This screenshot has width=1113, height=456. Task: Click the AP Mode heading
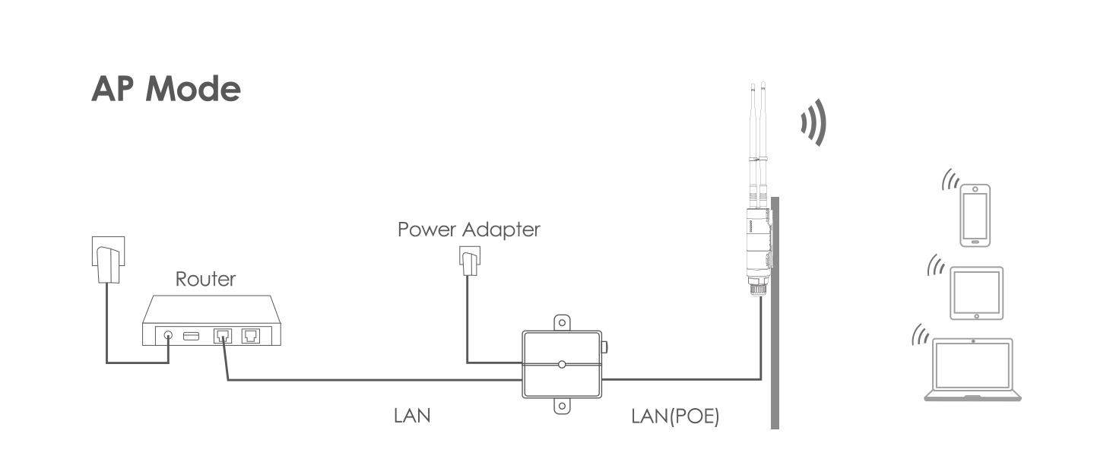tap(166, 90)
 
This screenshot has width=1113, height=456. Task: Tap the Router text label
tap(205, 279)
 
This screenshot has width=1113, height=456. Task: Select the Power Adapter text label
tap(468, 229)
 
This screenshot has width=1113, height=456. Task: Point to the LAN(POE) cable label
tap(675, 416)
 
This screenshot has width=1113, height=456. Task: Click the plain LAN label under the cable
tap(412, 416)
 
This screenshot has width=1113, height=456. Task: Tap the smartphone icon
tap(975, 215)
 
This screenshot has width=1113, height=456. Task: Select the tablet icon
tap(976, 293)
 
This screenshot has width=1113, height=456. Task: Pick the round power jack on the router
tap(168, 335)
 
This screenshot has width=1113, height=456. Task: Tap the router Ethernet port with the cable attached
tap(224, 335)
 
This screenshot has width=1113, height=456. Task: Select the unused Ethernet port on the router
tap(251, 335)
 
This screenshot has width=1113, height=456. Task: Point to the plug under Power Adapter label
tap(468, 264)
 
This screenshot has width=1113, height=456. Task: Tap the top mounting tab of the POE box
tap(562, 322)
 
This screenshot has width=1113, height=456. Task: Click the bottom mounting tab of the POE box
tap(562, 407)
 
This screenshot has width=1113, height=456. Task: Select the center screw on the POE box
tap(562, 365)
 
